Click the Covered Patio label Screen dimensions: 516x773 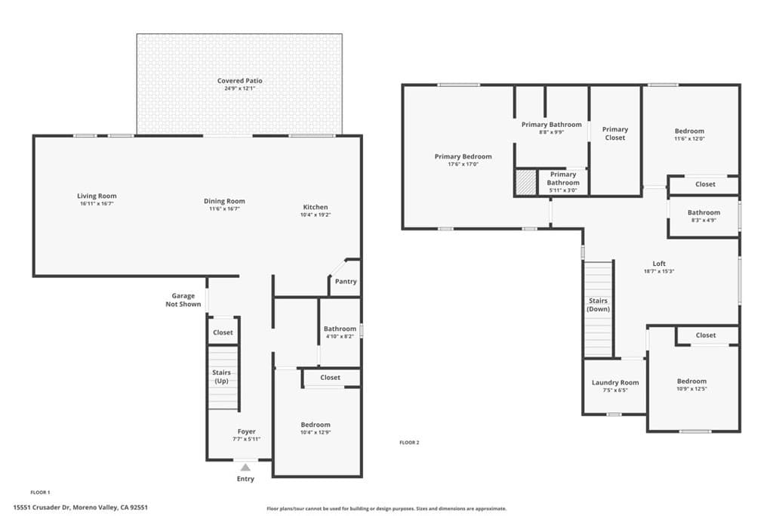[x=239, y=81]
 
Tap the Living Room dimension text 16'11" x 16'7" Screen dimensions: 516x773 [x=97, y=204]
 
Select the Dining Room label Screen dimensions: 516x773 [x=224, y=201]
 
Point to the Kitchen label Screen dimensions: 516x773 [x=316, y=207]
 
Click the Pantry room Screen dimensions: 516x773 [x=345, y=282]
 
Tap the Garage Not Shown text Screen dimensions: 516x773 [x=183, y=300]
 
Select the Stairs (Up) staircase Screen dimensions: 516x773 [x=223, y=377]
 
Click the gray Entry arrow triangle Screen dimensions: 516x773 [x=245, y=468]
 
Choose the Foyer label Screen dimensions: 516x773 [x=247, y=431]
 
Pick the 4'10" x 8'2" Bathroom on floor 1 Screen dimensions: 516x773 [x=340, y=332]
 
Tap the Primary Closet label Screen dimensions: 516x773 [x=614, y=134]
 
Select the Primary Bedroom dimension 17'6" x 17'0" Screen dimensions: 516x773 [x=463, y=165]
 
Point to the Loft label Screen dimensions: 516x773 [x=658, y=264]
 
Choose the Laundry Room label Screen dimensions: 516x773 [x=614, y=382]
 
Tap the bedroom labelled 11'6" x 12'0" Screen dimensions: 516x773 [x=689, y=134]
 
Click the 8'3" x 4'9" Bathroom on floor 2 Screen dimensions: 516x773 [x=704, y=217]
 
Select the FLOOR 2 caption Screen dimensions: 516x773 [x=409, y=443]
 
